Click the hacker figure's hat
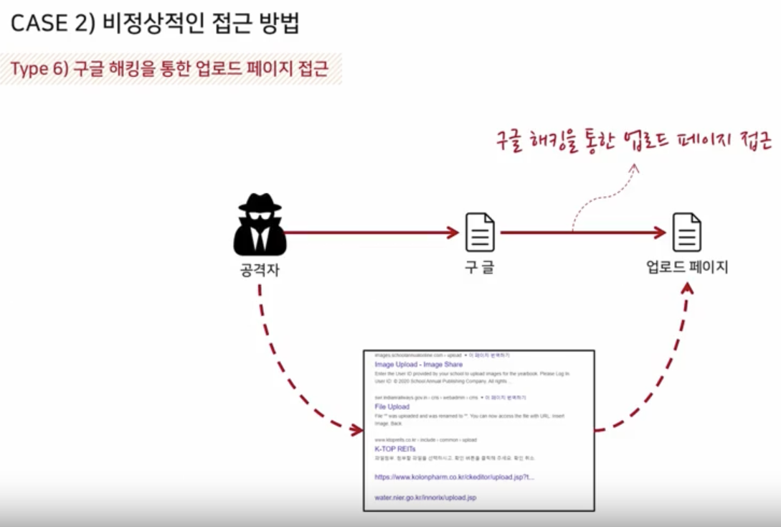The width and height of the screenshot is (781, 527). tap(260, 203)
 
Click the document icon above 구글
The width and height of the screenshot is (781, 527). tap(480, 232)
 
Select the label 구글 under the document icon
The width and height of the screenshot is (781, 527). tap(479, 268)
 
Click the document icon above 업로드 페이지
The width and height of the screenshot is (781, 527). tap(686, 232)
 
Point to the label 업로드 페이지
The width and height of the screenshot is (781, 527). tap(686, 268)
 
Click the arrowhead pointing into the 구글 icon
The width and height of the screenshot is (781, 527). tap(452, 232)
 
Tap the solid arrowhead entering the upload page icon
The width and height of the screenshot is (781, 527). tap(660, 232)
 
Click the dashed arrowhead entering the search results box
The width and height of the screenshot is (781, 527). tap(356, 430)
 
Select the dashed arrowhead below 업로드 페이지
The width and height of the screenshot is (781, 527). tap(687, 289)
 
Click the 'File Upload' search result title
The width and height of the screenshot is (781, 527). tap(392, 407)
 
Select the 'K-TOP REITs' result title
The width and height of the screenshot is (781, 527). tap(394, 449)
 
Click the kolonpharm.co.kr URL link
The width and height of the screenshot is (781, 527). tap(453, 477)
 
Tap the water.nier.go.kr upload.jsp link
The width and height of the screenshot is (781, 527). tap(425, 497)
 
